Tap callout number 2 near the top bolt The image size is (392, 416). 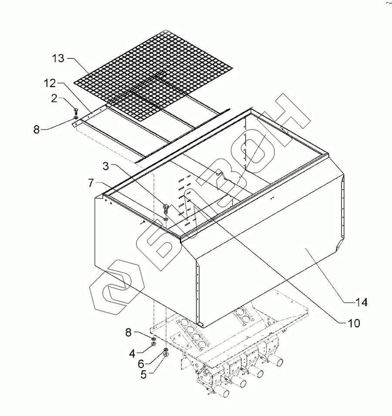(54, 99)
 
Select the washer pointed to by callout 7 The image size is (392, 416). (166, 217)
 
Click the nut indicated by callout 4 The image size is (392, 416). (154, 344)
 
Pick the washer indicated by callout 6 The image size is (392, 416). (166, 350)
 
